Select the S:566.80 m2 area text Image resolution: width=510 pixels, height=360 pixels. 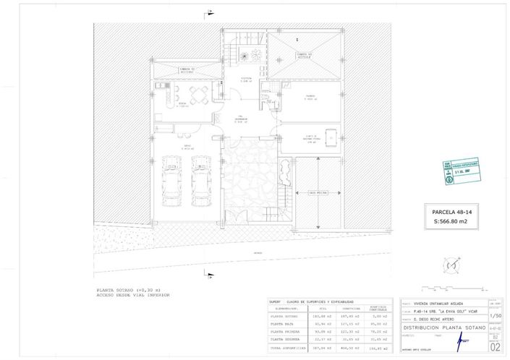pos(451,221)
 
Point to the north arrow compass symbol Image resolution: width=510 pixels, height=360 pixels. pos(451,267)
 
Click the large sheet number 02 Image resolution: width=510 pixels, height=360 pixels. pos(495,346)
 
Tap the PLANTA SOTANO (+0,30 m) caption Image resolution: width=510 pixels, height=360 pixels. pos(127,291)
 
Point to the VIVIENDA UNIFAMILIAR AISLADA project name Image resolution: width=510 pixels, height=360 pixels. pos(442,304)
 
